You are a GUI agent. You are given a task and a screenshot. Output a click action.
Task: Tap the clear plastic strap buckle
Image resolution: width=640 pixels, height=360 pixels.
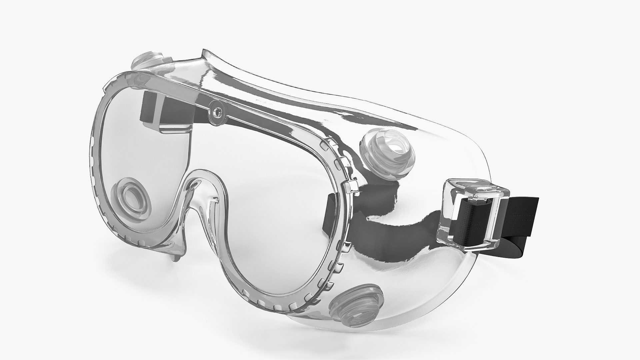(473, 213)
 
